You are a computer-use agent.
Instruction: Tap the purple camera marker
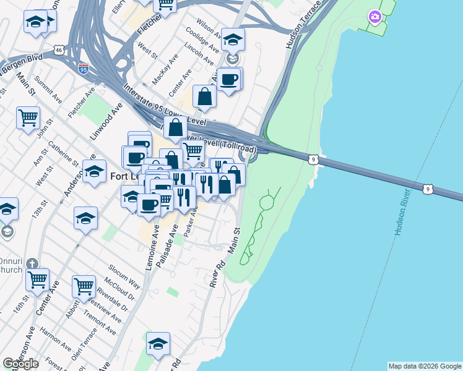[x=374, y=17]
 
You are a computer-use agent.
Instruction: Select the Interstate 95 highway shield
[x=84, y=69]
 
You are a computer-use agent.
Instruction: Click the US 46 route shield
[x=59, y=48]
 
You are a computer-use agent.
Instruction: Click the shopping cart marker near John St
[x=28, y=117]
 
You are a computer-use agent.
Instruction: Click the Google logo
[x=20, y=364]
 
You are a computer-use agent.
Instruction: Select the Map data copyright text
[x=425, y=366]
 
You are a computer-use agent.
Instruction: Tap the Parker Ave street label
[x=189, y=223]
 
